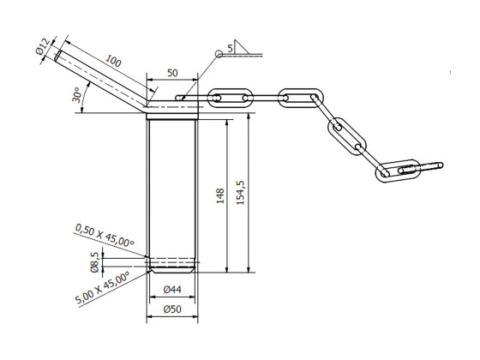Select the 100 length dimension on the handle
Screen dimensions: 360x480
pos(113,63)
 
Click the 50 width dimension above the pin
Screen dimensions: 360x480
pos(172,74)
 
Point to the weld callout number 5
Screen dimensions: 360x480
pos(231,48)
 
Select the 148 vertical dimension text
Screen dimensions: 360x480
pos(219,195)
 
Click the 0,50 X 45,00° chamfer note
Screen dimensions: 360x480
pos(105,237)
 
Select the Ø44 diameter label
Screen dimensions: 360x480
pos(172,291)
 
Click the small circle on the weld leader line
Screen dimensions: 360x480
pos(219,53)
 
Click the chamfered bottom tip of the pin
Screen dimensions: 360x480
pos(172,267)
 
